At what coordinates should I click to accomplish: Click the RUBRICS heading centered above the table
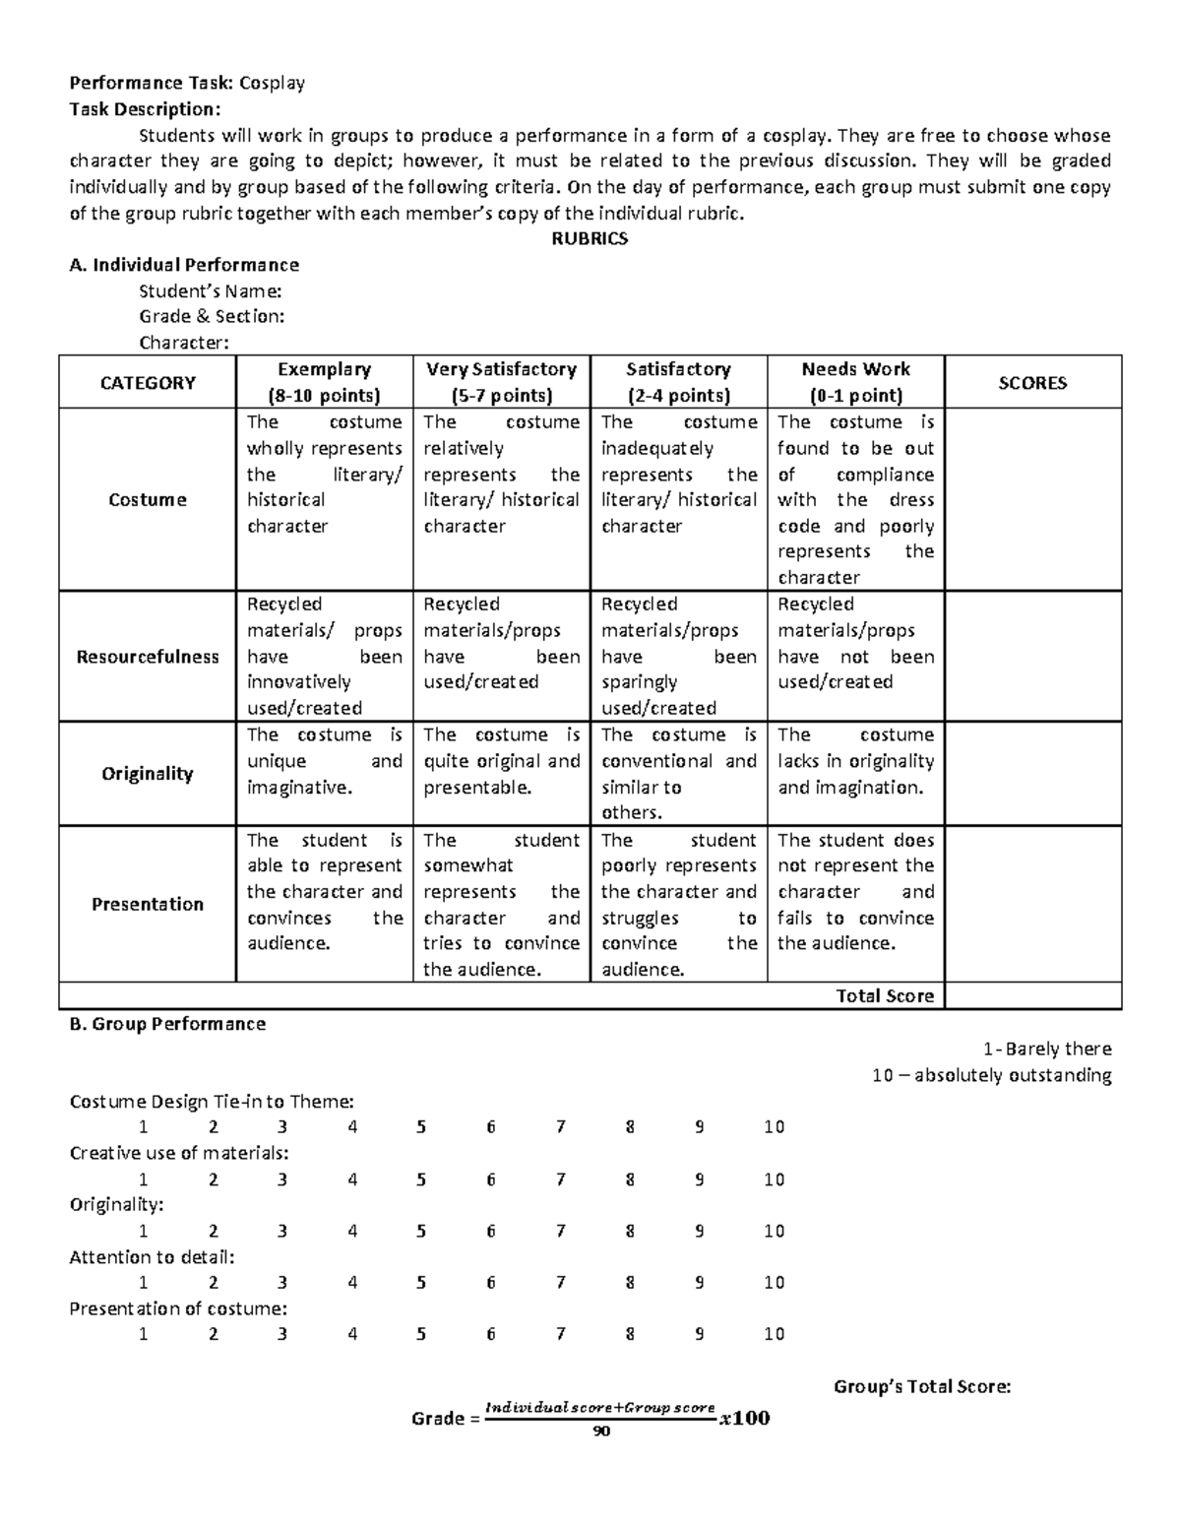click(x=590, y=238)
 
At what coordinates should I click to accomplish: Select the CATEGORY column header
click(x=148, y=383)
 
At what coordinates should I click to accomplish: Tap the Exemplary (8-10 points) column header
click(x=324, y=382)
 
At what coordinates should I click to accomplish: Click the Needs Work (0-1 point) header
click(x=855, y=382)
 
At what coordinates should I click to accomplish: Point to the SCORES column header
click(x=1032, y=383)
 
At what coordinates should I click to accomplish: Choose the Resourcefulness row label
click(x=148, y=657)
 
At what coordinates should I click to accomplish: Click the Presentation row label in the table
click(x=148, y=904)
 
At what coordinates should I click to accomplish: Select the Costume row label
click(x=148, y=500)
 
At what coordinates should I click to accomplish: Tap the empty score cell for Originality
click(x=1032, y=774)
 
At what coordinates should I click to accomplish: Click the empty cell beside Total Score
click(x=1032, y=995)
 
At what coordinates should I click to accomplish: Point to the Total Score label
click(x=885, y=995)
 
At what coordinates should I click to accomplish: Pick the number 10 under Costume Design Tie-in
click(x=774, y=1127)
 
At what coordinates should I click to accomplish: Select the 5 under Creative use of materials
click(x=421, y=1179)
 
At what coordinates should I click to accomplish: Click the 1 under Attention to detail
click(x=144, y=1282)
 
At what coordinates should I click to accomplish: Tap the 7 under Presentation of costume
click(x=560, y=1334)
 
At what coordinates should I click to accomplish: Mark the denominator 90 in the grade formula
click(x=601, y=1432)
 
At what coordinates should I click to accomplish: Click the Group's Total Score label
click(x=921, y=1386)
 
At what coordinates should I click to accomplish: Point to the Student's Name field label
click(x=211, y=290)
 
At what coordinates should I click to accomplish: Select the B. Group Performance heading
click(x=167, y=1024)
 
